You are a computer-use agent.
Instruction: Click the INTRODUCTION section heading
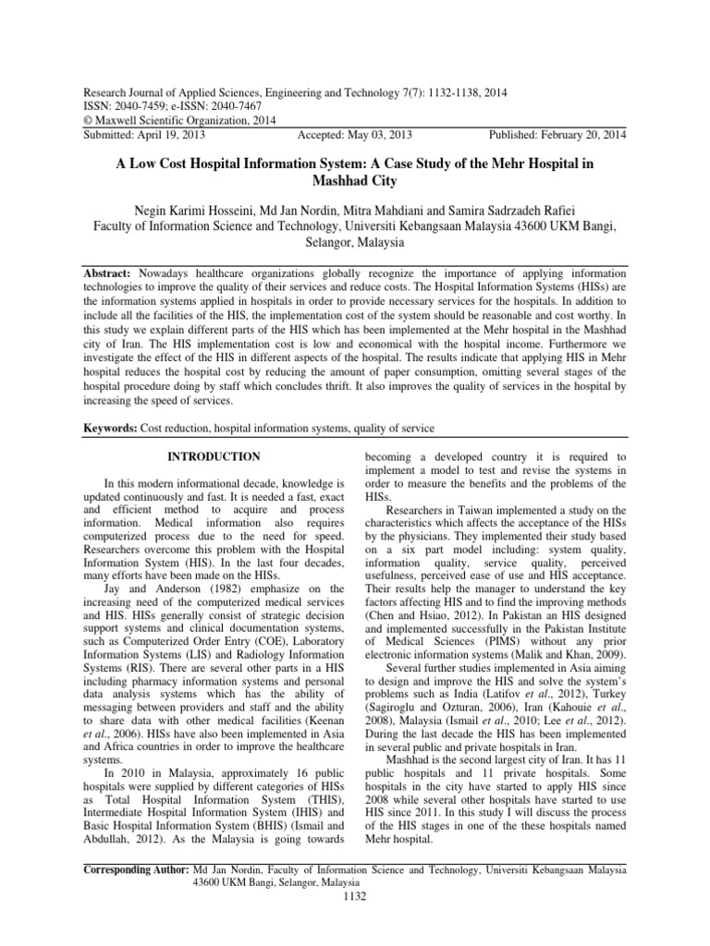[213, 456]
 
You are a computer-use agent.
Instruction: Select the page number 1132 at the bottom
[355, 895]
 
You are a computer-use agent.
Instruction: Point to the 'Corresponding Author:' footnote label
[136, 869]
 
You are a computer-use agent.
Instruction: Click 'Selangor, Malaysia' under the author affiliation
[355, 243]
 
